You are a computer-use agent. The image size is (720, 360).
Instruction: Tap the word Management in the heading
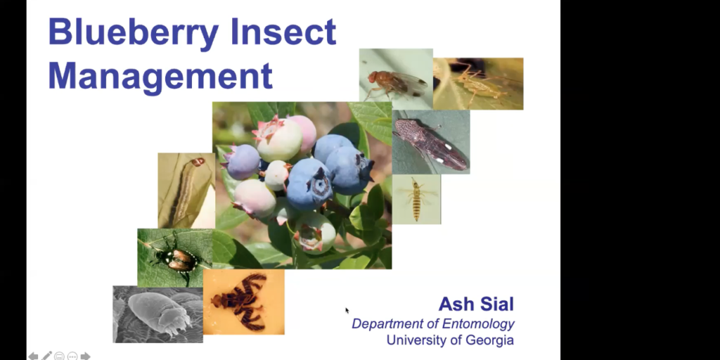click(160, 75)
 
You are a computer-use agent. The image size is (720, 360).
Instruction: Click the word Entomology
click(477, 324)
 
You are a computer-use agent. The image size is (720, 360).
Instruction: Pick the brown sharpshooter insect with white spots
click(430, 143)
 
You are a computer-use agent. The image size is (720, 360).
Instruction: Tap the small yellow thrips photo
click(416, 200)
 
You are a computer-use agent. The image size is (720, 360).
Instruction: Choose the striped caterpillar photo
click(186, 190)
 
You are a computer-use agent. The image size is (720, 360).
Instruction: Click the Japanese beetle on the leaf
click(176, 258)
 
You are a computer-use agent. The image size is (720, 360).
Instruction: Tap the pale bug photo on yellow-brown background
click(478, 84)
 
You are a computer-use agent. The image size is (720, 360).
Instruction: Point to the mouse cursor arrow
click(347, 309)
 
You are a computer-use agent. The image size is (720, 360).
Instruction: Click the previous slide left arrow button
click(33, 356)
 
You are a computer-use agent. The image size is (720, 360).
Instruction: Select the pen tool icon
click(46, 356)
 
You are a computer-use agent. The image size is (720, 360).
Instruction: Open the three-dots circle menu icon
click(72, 356)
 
